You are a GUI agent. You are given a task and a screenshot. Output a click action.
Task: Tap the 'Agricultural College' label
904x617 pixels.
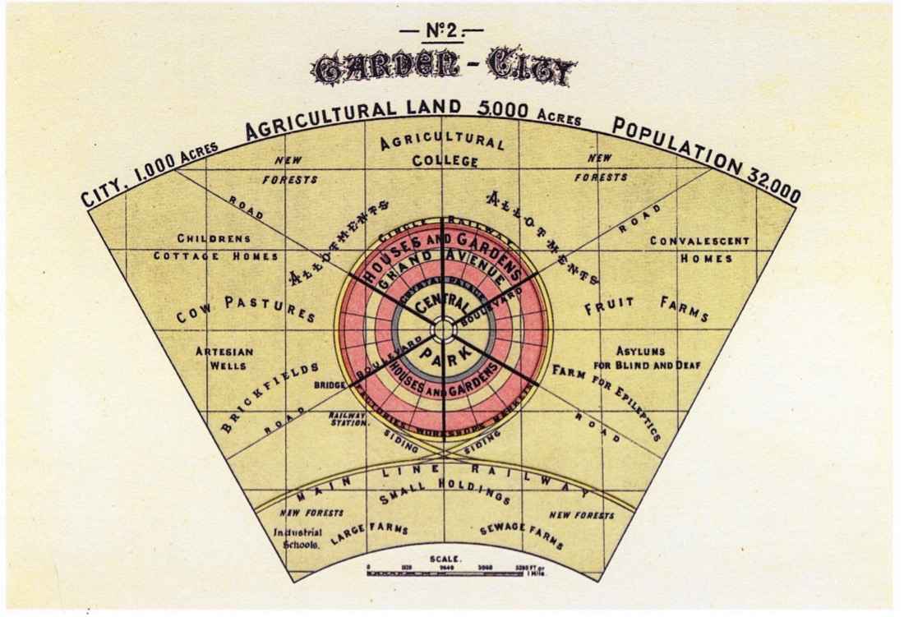pos(445,151)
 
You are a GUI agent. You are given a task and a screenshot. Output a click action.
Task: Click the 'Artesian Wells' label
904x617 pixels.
pos(224,358)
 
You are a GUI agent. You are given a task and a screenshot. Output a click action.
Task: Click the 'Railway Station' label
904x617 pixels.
pos(348,420)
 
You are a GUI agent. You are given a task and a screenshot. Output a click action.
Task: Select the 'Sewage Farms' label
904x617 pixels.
pos(522,535)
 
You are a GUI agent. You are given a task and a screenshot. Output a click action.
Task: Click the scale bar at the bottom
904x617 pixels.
pos(457,572)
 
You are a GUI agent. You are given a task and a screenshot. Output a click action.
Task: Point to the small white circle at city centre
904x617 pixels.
pos(443,329)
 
